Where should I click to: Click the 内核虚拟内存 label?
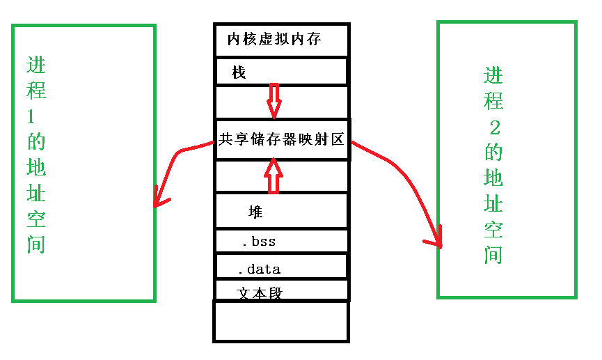click(274, 39)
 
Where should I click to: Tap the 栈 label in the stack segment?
click(239, 72)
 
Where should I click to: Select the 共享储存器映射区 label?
click(281, 139)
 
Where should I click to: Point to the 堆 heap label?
click(255, 212)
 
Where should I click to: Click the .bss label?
click(258, 242)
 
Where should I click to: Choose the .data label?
click(258, 269)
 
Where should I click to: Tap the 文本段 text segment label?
click(260, 292)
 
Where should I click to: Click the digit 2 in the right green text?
click(494, 127)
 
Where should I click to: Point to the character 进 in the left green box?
click(36, 65)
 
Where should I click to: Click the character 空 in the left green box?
click(36, 220)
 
